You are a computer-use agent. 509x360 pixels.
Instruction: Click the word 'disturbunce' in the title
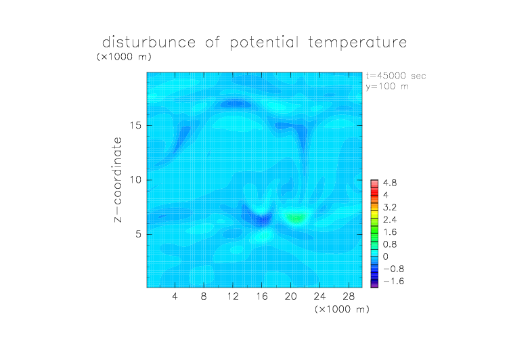click(x=149, y=42)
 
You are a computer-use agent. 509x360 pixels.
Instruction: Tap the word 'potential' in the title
click(x=264, y=43)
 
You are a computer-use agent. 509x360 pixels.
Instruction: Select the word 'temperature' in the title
click(x=357, y=43)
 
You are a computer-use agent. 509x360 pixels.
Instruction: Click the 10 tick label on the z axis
click(x=135, y=180)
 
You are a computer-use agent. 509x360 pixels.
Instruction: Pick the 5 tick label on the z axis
click(x=139, y=234)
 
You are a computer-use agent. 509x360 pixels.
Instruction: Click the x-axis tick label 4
click(x=175, y=296)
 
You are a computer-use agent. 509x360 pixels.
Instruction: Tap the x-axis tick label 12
click(x=233, y=296)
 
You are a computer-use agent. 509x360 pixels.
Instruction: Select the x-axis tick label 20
click(x=290, y=296)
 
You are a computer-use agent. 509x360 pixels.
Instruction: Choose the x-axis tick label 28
click(x=349, y=296)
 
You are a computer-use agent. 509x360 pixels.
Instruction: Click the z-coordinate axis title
click(x=118, y=180)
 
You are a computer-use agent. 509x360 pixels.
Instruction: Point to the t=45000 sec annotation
click(x=396, y=76)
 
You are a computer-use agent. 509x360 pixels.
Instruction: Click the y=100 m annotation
click(x=387, y=87)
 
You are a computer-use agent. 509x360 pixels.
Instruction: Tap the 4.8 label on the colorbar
click(x=390, y=183)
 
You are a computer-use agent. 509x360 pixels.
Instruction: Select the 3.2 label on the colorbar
click(x=390, y=208)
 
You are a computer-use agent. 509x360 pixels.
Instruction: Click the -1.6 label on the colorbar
click(x=393, y=281)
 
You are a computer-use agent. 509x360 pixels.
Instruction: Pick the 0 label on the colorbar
click(x=386, y=256)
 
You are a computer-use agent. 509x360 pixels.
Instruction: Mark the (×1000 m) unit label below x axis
click(x=342, y=309)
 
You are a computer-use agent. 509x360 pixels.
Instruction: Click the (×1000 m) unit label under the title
click(x=124, y=57)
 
